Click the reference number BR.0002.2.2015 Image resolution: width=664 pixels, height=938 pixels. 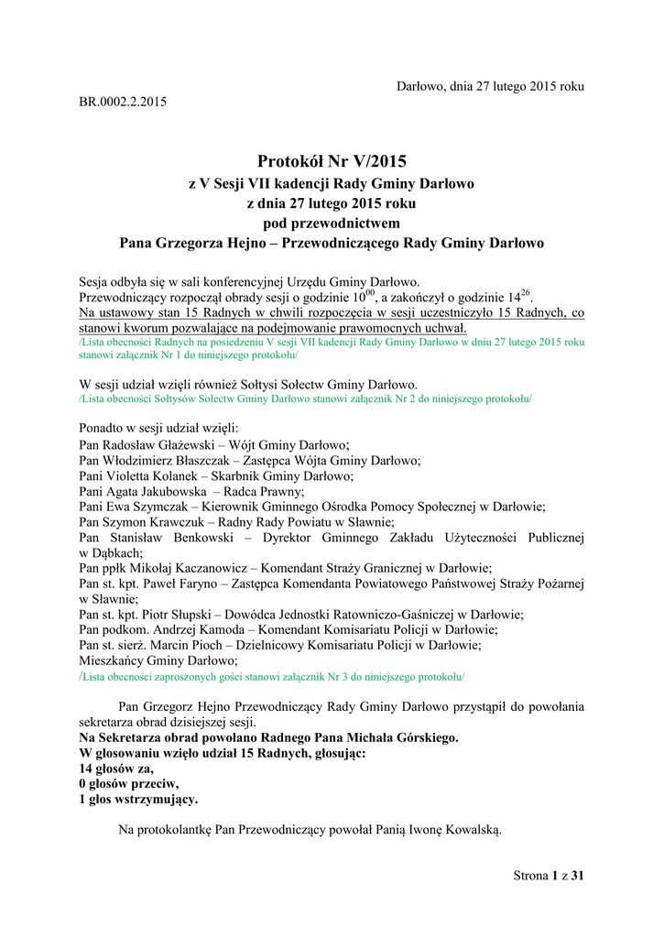point(123,102)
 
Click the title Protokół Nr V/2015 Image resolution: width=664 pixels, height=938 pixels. point(332,161)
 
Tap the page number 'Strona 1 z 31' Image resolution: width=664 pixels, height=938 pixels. point(549,876)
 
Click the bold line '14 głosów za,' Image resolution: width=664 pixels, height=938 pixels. point(116,769)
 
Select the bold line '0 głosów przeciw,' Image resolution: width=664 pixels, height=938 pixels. point(129,784)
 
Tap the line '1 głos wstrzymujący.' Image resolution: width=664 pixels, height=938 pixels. point(138,800)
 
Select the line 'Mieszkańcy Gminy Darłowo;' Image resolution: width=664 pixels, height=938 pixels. point(158,660)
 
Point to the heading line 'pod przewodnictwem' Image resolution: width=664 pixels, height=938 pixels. point(332,223)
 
